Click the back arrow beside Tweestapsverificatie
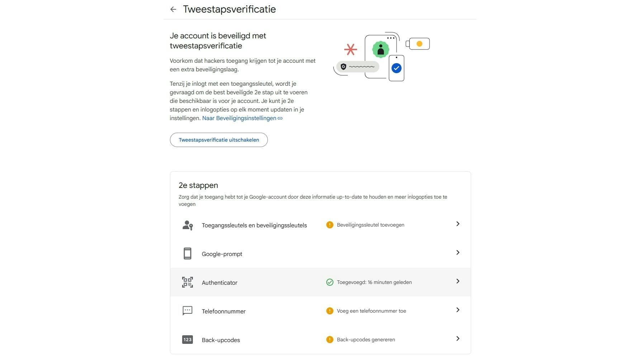[173, 9]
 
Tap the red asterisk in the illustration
[350, 49]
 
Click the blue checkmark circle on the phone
[396, 68]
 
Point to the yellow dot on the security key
[419, 44]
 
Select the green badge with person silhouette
[381, 49]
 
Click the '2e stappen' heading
[198, 185]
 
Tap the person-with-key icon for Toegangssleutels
[188, 225]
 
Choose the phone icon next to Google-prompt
[188, 254]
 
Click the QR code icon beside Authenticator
[188, 282]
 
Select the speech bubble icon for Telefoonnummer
[188, 311]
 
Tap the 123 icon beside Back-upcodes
[188, 340]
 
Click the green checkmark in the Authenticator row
[330, 282]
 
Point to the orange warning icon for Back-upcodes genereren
[330, 340]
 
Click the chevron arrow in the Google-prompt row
[458, 252]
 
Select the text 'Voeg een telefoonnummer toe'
[371, 311]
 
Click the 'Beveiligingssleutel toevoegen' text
[370, 225]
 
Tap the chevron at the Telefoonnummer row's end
[458, 310]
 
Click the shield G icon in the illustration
[343, 67]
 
